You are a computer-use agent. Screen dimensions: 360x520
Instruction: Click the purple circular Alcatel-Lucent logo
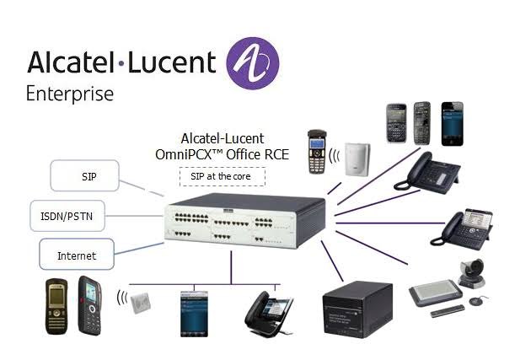(x=252, y=63)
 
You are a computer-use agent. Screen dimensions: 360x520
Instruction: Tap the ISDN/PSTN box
(x=67, y=216)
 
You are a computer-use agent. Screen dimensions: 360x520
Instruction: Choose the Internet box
(x=76, y=255)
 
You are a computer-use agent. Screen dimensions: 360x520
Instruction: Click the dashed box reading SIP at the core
(x=222, y=176)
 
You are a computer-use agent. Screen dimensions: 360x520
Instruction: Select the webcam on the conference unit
(x=466, y=271)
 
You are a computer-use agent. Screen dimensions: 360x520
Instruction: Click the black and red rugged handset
(x=89, y=304)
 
